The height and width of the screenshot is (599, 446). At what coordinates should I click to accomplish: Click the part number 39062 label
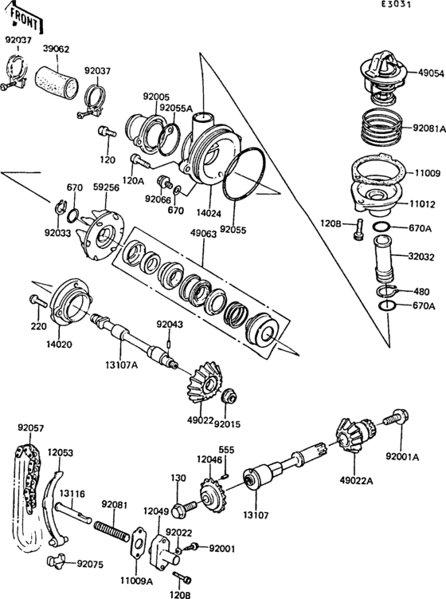pos(56,49)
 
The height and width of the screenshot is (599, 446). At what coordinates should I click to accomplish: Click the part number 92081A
pos(428,127)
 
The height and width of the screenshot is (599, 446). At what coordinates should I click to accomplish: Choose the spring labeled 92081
pos(111,530)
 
